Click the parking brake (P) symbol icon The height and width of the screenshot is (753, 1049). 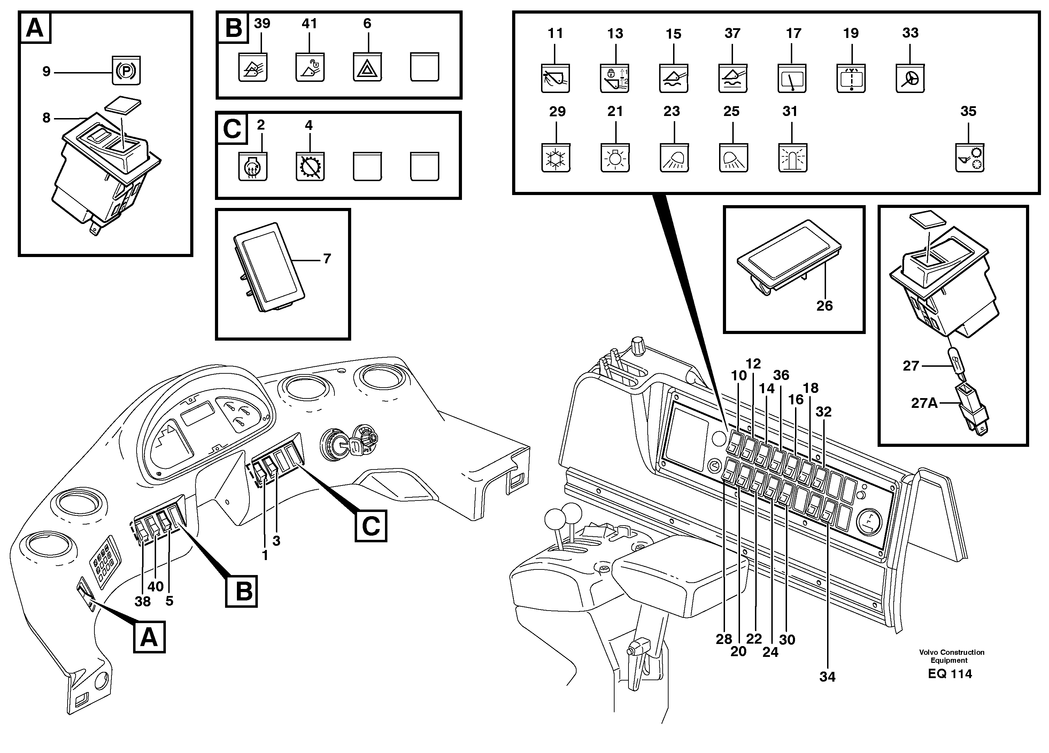point(126,70)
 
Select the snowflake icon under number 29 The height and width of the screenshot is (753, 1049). point(556,158)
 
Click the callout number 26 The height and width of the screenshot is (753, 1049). point(824,305)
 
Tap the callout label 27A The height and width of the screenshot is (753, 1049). point(924,403)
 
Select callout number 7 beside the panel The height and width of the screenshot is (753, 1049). point(327,258)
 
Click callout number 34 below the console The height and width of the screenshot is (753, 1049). point(827,677)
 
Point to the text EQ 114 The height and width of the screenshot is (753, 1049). point(950,674)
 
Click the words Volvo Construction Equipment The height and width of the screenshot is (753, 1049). point(951,656)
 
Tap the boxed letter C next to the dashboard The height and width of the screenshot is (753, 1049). point(371,526)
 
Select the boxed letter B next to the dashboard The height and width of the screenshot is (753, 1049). point(241,591)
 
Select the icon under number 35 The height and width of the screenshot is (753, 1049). point(970,158)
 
